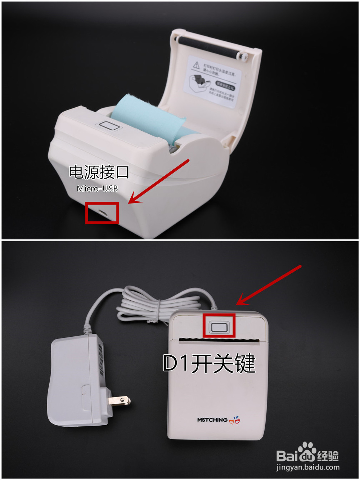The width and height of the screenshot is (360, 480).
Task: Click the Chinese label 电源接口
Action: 99,172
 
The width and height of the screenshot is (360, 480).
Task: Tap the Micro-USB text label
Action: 97,188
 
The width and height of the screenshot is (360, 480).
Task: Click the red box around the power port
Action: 102,213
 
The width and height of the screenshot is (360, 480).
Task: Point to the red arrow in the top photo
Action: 158,182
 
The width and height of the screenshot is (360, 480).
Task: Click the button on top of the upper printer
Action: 109,126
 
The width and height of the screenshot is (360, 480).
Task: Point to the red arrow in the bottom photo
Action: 268,285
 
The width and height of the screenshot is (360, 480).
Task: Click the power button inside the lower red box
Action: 219,327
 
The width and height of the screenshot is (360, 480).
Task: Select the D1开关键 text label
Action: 209,363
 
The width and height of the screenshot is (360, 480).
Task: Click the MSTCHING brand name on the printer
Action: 212,420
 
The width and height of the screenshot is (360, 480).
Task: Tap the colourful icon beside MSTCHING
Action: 235,420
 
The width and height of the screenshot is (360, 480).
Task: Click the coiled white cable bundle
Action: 158,304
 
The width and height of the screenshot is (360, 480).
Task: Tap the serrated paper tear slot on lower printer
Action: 219,340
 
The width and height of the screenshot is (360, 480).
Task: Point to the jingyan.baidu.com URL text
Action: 308,467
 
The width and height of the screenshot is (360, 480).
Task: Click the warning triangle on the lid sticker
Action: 196,65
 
